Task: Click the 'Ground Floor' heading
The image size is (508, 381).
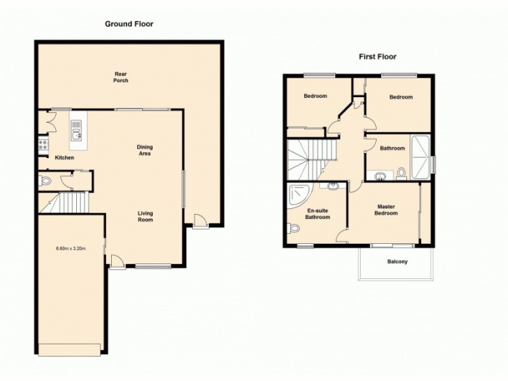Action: tap(129, 24)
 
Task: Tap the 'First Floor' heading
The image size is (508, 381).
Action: tap(378, 57)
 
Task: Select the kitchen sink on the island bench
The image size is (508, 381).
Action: tap(77, 135)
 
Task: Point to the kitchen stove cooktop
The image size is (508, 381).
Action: tap(43, 144)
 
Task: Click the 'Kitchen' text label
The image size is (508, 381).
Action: tap(64, 157)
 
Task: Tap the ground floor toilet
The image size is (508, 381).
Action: tap(44, 182)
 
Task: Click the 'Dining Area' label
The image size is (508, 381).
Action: tap(145, 150)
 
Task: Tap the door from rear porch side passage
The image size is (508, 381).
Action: tap(200, 222)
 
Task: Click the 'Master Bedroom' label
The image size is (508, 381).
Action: tap(386, 210)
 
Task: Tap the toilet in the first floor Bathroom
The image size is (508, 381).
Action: tap(401, 172)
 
